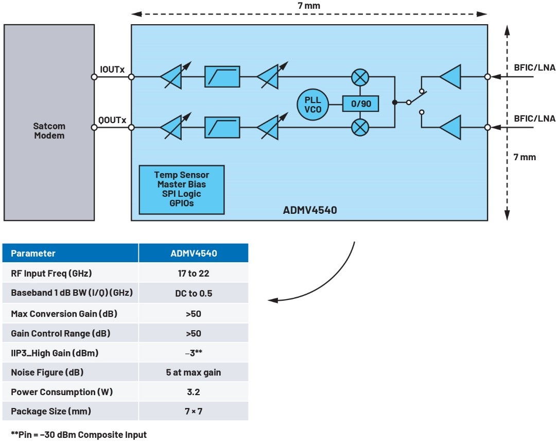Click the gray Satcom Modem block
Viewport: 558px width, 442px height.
click(x=49, y=123)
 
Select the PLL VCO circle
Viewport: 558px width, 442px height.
click(x=312, y=104)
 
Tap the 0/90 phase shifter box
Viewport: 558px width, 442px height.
click(x=361, y=104)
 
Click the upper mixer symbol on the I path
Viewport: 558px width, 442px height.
click(x=360, y=77)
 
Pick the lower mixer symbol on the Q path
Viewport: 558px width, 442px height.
click(x=360, y=126)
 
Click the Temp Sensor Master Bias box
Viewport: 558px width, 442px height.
click(x=182, y=190)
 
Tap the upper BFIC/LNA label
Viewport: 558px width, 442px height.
click(x=535, y=66)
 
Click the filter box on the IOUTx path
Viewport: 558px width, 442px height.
click(x=222, y=77)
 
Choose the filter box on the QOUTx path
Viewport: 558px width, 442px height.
click(x=222, y=126)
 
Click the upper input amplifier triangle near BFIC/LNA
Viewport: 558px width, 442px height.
click(x=451, y=77)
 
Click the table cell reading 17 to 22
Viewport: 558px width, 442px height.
click(x=193, y=274)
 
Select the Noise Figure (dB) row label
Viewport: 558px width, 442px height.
click(x=47, y=372)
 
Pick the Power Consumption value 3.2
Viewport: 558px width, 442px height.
click(x=193, y=392)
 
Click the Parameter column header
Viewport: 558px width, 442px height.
click(x=33, y=253)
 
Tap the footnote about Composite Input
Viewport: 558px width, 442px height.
click(x=79, y=434)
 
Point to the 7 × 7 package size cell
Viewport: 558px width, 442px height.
click(x=193, y=412)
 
